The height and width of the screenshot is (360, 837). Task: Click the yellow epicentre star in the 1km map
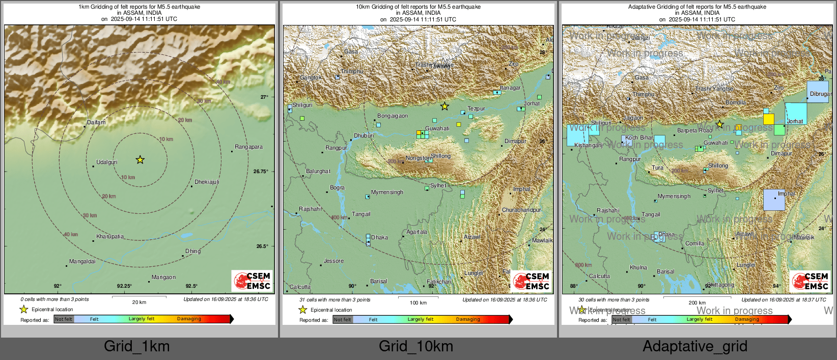(140, 160)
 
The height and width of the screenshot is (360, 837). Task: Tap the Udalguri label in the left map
(107, 162)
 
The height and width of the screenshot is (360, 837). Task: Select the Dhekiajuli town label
(207, 182)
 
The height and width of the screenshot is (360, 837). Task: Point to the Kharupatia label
(110, 236)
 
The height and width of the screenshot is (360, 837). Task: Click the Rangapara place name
(248, 147)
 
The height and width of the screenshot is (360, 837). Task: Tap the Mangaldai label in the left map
(82, 261)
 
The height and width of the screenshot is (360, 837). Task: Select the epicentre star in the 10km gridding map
(444, 106)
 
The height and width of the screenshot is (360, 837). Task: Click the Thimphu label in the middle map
(352, 71)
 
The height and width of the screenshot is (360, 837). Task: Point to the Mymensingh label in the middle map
(387, 192)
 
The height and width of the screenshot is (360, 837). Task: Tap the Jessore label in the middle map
(333, 261)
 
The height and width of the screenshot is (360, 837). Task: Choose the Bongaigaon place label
(393, 116)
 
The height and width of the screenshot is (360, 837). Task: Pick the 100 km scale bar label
(418, 302)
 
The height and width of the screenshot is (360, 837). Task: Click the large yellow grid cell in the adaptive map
(768, 119)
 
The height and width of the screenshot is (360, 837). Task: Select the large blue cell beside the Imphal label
(774, 200)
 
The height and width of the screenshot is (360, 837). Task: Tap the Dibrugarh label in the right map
(820, 94)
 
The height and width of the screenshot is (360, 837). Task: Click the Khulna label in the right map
(638, 267)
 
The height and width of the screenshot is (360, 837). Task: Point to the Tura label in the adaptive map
(658, 168)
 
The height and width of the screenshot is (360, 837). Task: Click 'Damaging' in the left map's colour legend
(189, 319)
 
